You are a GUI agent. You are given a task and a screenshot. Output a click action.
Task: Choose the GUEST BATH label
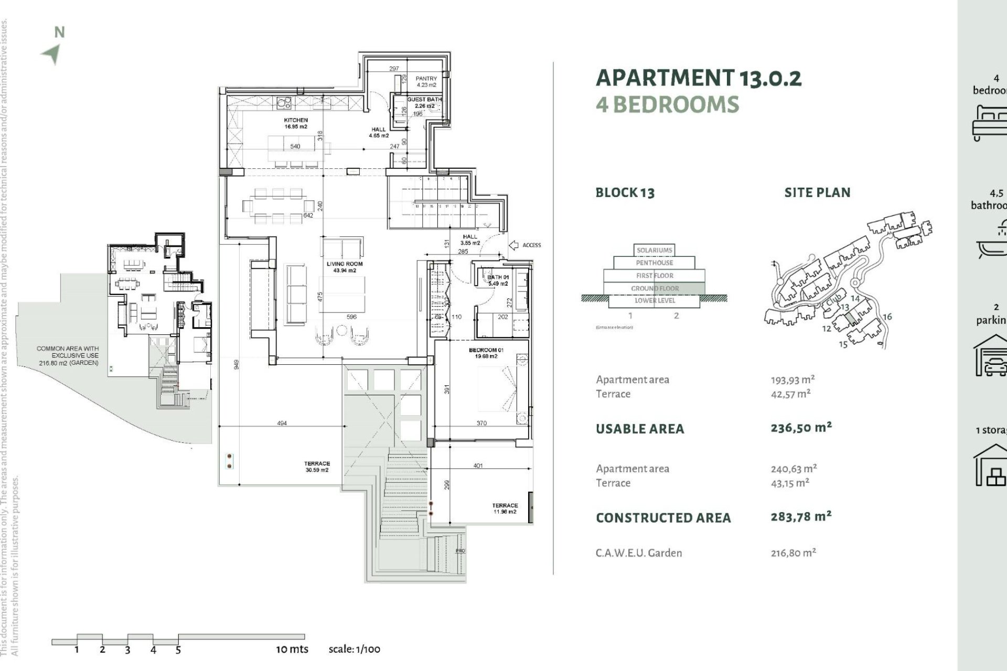tap(425, 100)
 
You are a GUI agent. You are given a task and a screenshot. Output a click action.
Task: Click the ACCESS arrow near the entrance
tap(514, 245)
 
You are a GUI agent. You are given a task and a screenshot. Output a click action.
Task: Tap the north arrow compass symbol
tap(52, 53)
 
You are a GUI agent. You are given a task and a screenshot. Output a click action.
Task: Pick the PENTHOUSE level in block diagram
tap(654, 263)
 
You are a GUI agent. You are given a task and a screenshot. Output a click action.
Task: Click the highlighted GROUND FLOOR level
tap(655, 288)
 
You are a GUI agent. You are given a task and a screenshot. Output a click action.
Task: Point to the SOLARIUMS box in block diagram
tap(654, 250)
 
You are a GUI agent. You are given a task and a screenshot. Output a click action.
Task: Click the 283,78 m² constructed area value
tap(801, 517)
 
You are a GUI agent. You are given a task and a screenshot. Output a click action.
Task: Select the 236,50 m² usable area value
tap(801, 428)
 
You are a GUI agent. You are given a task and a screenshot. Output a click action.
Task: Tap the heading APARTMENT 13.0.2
tap(699, 78)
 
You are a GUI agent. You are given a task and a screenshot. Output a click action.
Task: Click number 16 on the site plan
tap(887, 317)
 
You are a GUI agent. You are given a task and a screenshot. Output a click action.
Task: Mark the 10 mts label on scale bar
tap(292, 649)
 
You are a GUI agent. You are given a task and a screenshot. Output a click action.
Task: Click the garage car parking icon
tap(990, 357)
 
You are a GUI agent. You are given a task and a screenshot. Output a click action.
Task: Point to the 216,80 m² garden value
tap(793, 553)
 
